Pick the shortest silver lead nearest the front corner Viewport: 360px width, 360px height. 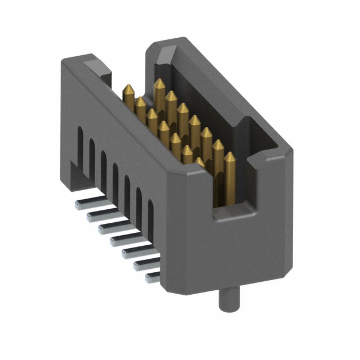tap(152, 277)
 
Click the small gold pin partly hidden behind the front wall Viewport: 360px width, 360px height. tap(201, 162)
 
